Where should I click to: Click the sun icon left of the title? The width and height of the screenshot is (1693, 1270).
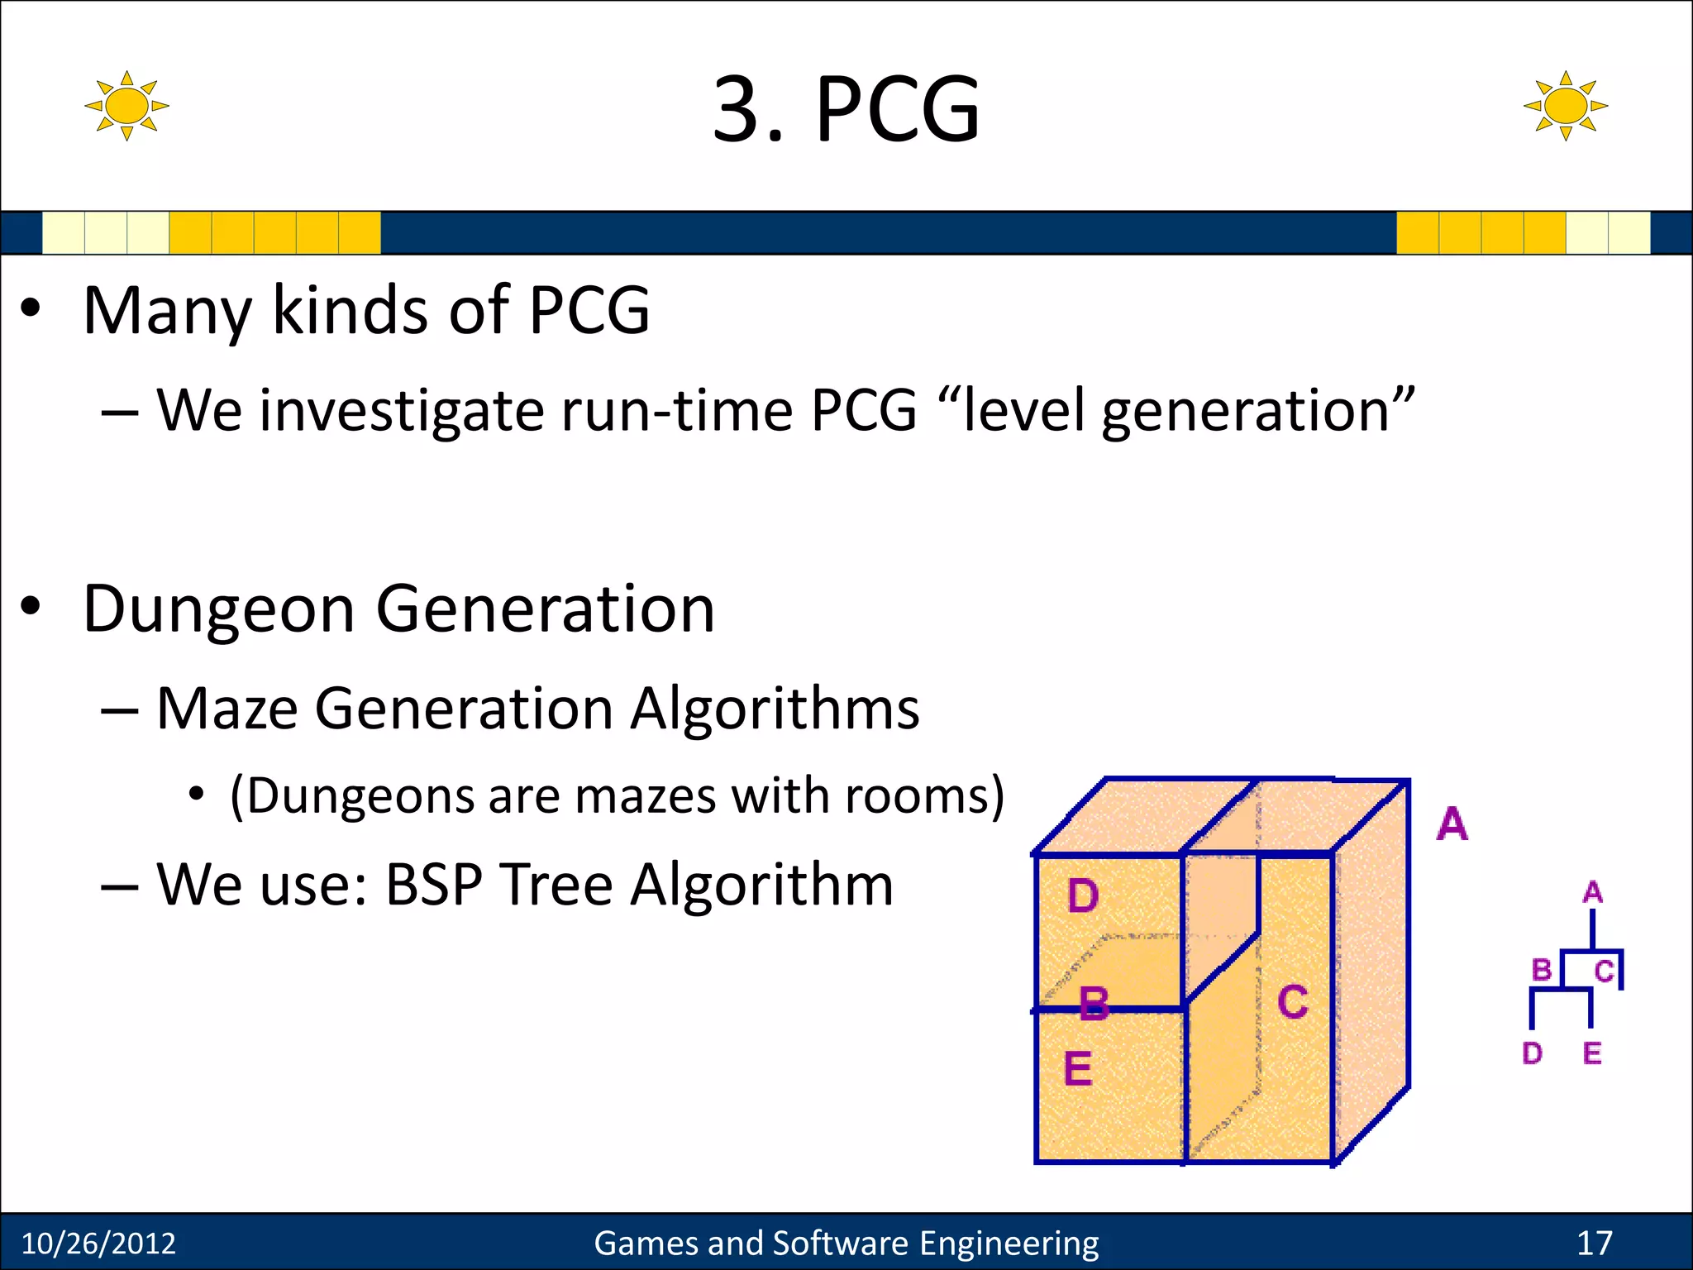(x=126, y=106)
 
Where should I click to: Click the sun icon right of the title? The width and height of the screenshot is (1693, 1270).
(x=1565, y=106)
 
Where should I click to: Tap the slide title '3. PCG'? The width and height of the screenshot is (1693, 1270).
(x=846, y=109)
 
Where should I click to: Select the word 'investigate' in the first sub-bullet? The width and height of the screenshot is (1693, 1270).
(x=402, y=411)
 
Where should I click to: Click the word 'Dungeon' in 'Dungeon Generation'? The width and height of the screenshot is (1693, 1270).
(x=219, y=609)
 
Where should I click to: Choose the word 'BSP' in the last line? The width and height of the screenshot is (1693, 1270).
(x=434, y=885)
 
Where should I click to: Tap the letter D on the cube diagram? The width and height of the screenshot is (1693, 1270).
(x=1082, y=896)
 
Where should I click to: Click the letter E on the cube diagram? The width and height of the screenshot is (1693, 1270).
(x=1077, y=1068)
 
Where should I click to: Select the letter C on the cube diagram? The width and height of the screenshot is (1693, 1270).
(x=1292, y=1002)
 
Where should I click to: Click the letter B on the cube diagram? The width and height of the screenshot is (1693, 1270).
(x=1094, y=1004)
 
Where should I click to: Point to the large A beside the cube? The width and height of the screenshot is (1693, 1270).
(x=1452, y=824)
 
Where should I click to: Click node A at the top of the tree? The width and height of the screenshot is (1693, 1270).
(x=1592, y=892)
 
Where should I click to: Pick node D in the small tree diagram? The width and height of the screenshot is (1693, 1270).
(x=1532, y=1053)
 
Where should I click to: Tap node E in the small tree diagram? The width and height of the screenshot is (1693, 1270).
(x=1592, y=1053)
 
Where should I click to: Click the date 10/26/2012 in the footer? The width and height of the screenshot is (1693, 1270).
(x=98, y=1244)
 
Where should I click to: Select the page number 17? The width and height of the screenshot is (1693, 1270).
(x=1594, y=1244)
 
